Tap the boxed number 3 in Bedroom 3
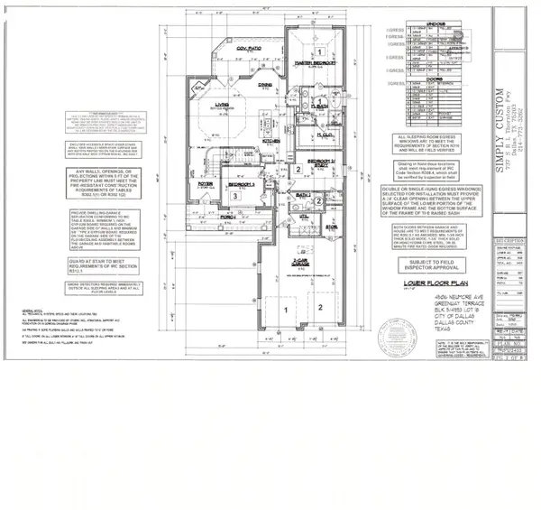point(234,195)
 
